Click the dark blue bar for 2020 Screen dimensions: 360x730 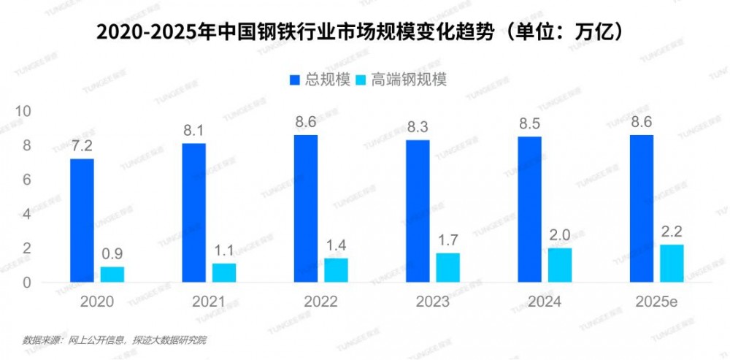coord(82,221)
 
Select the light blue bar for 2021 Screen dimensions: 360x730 coord(224,272)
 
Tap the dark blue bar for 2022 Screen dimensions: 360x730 coord(306,209)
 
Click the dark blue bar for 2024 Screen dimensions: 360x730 coord(530,210)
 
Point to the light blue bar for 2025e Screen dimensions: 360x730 coord(672,263)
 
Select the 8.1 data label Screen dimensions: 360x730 coord(193,132)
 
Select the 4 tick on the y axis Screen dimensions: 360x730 coord(28,214)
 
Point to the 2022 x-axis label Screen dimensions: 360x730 coord(320,302)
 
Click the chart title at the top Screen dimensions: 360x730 coord(364,32)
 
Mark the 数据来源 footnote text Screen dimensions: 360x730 coord(115,340)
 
